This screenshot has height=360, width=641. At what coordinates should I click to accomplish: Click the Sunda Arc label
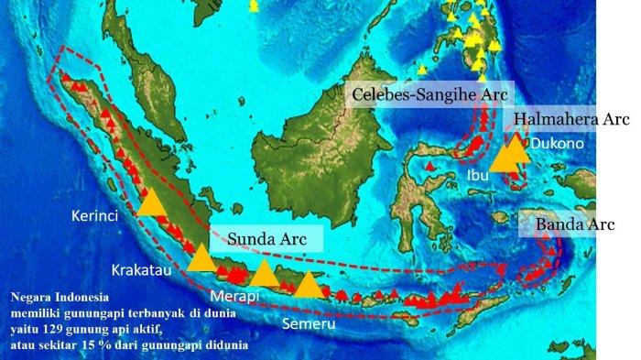click(267, 241)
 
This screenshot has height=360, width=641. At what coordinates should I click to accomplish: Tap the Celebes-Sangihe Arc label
click(431, 95)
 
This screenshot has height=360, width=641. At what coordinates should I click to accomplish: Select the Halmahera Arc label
click(570, 120)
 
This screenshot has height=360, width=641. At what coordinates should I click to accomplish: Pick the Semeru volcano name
click(307, 324)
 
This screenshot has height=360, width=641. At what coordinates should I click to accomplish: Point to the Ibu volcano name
click(477, 175)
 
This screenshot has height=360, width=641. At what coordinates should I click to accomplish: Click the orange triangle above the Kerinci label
click(153, 202)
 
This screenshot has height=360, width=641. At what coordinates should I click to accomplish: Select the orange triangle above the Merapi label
click(265, 274)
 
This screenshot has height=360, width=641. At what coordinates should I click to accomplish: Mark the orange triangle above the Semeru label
click(310, 285)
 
